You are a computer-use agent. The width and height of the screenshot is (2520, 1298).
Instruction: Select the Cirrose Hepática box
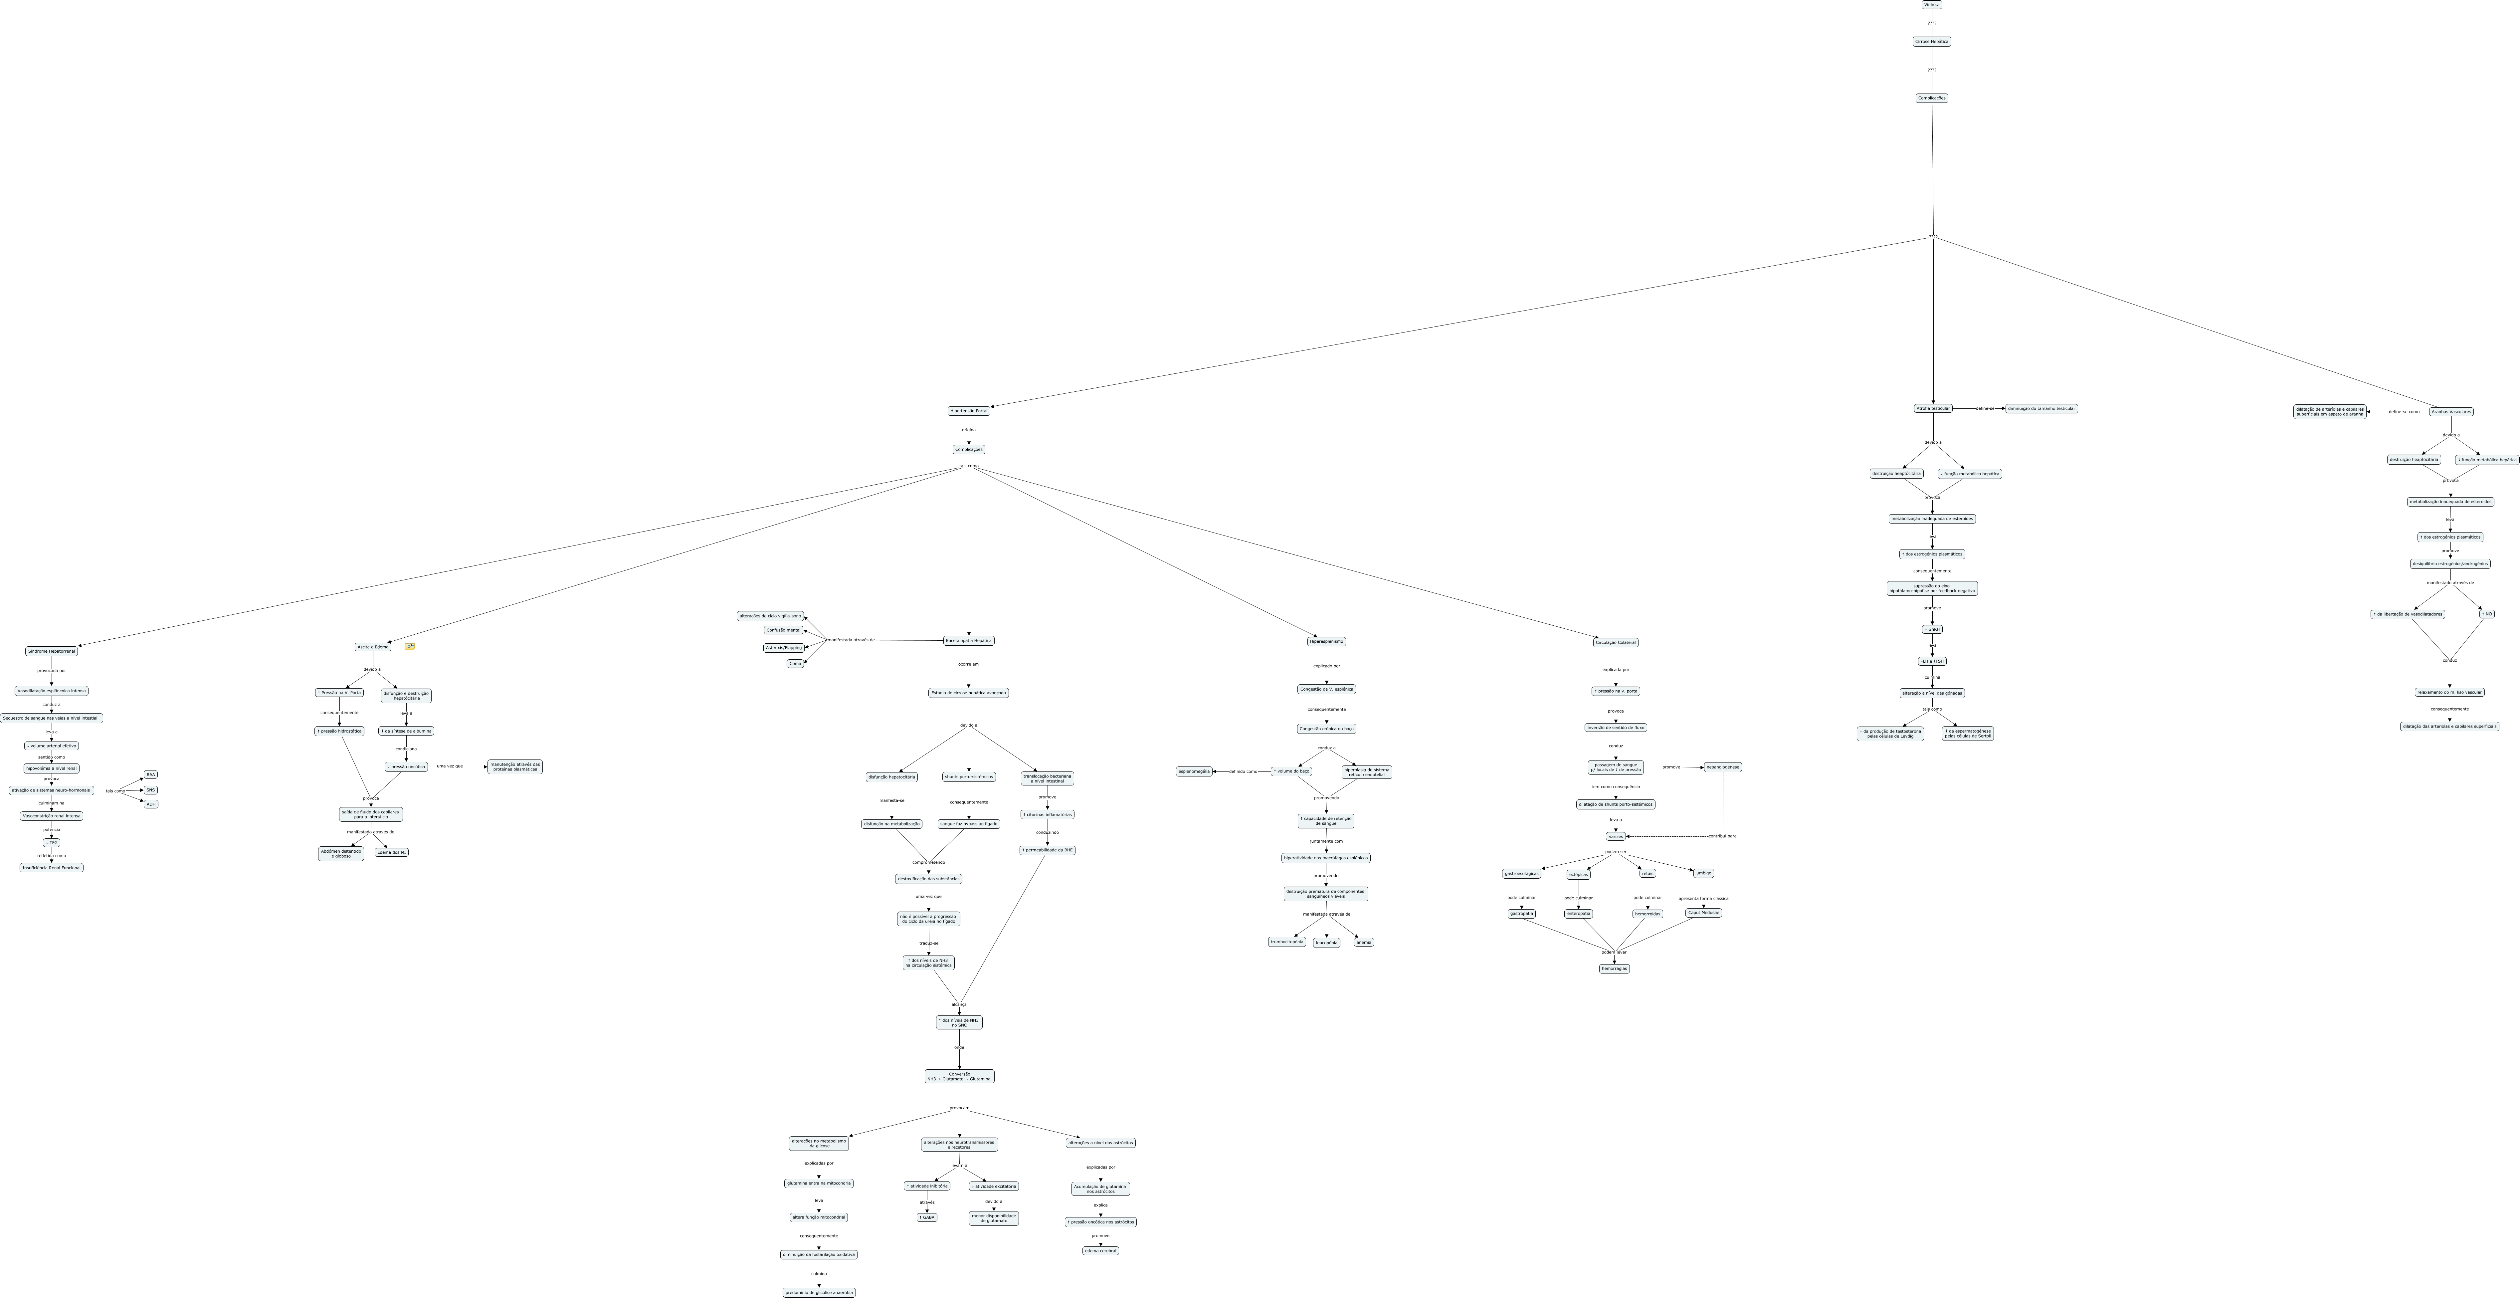(1931, 42)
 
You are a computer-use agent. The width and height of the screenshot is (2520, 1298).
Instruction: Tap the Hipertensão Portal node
(968, 411)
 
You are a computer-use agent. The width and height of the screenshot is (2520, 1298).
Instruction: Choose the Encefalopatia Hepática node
(968, 641)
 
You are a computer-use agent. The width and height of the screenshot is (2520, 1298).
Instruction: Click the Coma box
(795, 663)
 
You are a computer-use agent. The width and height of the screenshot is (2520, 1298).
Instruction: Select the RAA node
(151, 775)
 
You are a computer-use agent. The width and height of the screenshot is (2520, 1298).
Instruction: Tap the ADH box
(151, 804)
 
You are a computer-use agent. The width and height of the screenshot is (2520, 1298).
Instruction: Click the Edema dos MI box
(391, 852)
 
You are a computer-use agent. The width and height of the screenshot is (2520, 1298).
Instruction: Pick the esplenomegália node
(1194, 772)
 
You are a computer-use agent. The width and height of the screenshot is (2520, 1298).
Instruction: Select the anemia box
(1364, 942)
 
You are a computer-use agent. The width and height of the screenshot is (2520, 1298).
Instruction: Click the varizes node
(1615, 836)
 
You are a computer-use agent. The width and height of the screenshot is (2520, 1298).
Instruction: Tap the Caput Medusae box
(1703, 913)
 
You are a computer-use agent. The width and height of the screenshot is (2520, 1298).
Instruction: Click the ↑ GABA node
(926, 1218)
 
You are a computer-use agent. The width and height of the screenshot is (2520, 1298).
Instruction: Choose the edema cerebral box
(1100, 1250)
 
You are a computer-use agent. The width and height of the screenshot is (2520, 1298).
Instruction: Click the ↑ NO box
(2487, 614)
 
